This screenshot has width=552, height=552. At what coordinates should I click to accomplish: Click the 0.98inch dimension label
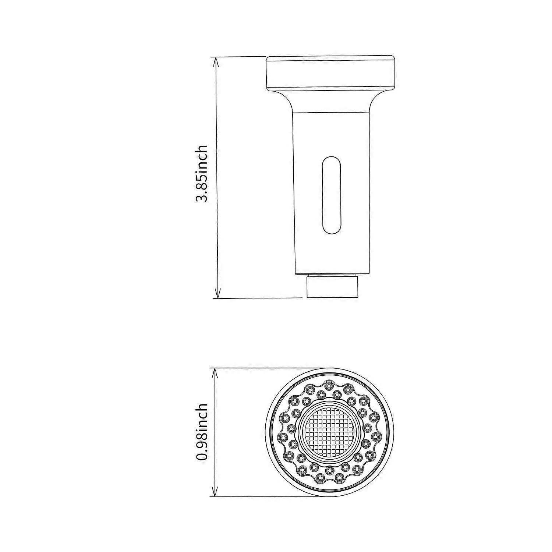(202, 432)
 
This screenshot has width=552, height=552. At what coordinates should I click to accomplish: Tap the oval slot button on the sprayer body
(331, 196)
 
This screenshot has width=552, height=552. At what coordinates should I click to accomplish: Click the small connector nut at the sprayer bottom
(332, 287)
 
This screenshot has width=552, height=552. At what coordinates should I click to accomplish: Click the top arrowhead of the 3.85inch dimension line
(217, 61)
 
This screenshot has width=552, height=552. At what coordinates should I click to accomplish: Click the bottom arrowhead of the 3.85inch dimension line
(217, 294)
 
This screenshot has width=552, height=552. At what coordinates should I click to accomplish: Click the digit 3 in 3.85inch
(202, 198)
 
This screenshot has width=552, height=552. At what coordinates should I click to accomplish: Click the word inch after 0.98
(202, 415)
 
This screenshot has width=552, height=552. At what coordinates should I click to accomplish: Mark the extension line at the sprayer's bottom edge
(258, 298)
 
